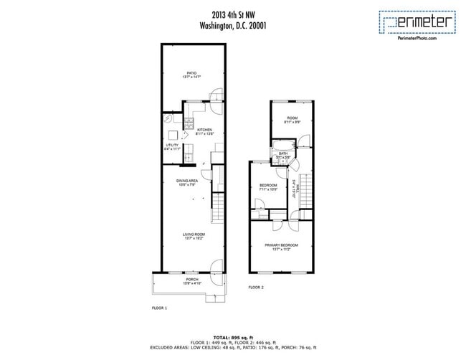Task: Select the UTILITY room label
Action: coord(171,146)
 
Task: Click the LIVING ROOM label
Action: coord(194,235)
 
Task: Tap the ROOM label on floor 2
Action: coord(292,118)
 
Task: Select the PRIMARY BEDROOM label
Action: coord(282,245)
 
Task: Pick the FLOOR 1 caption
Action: coord(159,308)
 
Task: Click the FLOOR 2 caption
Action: coord(256,287)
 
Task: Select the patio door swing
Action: coord(214,96)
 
